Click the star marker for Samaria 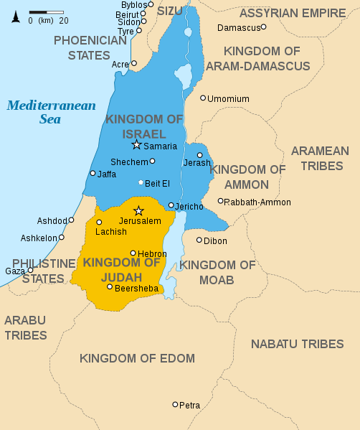[x=136, y=144]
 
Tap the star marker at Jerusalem [x=139, y=210]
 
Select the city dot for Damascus [x=263, y=27]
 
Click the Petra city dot [x=175, y=404]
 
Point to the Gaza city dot [x=30, y=271]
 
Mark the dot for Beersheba [x=109, y=287]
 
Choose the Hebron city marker [x=133, y=253]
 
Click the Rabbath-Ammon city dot [x=220, y=201]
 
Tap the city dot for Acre [x=133, y=63]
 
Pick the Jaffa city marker [x=93, y=173]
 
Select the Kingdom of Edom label [x=137, y=358]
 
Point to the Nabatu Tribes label [x=296, y=344]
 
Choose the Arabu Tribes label [x=26, y=327]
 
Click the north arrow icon [x=14, y=16]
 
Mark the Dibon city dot [x=199, y=240]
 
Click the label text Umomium [x=228, y=98]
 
